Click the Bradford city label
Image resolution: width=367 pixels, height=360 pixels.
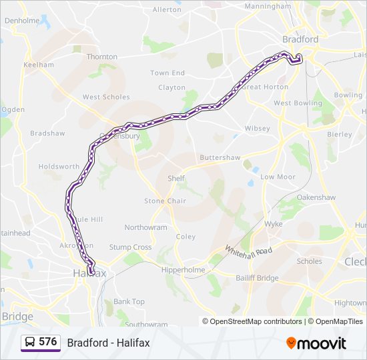pyautogui.click(x=300, y=39)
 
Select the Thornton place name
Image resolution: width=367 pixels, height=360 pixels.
pyautogui.click(x=102, y=57)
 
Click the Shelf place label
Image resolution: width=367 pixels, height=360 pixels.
pyautogui.click(x=176, y=178)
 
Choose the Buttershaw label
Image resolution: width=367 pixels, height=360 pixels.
pyautogui.click(x=220, y=158)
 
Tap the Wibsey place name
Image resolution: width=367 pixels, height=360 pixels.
pyautogui.click(x=258, y=128)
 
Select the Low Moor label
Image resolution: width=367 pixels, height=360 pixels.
pyautogui.click(x=278, y=177)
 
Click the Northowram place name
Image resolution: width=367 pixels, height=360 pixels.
pyautogui.click(x=145, y=227)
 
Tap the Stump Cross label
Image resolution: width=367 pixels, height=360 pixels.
pyautogui.click(x=130, y=247)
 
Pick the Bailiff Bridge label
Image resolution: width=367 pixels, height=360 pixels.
pyautogui.click(x=257, y=277)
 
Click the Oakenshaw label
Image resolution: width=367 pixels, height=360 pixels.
pyautogui.click(x=316, y=197)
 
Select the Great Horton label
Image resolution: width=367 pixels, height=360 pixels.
pyautogui.click(x=266, y=87)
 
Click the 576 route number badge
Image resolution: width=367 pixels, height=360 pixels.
pyautogui.click(x=47, y=342)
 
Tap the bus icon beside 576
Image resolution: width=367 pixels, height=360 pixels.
pyautogui.click(x=30, y=343)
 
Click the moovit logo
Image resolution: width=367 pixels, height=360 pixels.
pyautogui.click(x=316, y=343)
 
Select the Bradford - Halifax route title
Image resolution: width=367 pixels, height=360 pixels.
pyautogui.click(x=108, y=343)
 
